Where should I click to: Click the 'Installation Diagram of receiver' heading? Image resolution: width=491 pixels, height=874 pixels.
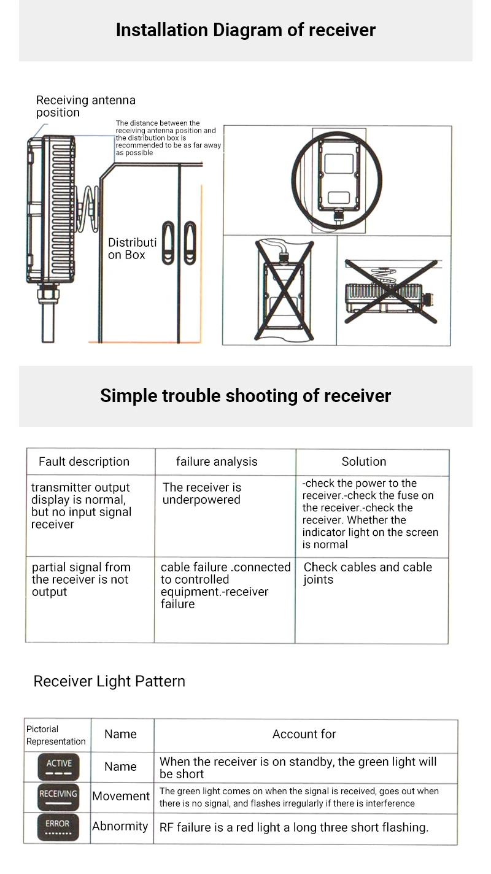tap(245, 30)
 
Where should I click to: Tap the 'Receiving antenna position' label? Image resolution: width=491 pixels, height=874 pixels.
tap(85, 106)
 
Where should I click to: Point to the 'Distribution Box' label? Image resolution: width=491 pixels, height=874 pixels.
tap(131, 249)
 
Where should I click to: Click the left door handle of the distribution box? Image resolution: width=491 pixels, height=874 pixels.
tap(168, 242)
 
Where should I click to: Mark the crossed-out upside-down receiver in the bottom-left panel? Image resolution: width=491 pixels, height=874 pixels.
tap(280, 290)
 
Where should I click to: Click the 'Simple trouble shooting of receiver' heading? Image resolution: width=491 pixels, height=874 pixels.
tap(245, 396)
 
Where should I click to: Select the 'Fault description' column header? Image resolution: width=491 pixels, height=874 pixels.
tap(84, 462)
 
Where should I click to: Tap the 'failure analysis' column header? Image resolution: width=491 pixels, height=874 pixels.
tap(217, 462)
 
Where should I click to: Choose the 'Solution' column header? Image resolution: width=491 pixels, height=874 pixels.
tap(364, 462)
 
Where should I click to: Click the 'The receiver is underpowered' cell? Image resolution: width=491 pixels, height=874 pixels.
tap(202, 493)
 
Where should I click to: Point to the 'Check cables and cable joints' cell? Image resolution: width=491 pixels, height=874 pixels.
tap(368, 573)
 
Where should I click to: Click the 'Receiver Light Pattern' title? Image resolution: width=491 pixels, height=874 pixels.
tap(109, 681)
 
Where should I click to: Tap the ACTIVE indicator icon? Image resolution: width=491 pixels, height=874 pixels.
tap(58, 767)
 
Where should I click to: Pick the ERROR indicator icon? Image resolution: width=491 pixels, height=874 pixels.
tap(58, 827)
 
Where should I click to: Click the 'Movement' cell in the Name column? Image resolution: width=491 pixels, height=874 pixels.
tap(121, 796)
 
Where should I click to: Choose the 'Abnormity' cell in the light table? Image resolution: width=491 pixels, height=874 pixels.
tap(120, 826)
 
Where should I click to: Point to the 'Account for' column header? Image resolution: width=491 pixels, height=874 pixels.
tap(304, 734)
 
